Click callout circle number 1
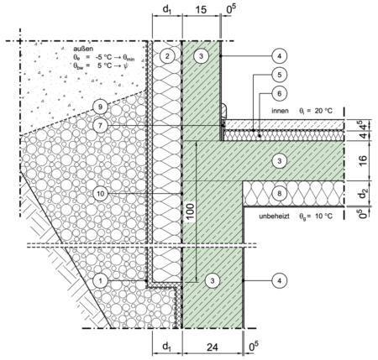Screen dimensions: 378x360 click(x=101, y=280)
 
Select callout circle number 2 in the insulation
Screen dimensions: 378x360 click(x=167, y=56)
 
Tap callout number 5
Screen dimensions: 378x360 click(x=279, y=75)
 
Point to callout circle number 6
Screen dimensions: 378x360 click(x=279, y=93)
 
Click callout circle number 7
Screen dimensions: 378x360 click(x=101, y=125)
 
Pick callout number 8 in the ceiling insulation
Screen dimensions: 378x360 click(x=279, y=193)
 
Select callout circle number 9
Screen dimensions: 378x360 click(x=101, y=107)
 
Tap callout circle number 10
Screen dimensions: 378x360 click(x=101, y=193)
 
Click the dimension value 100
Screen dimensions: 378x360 click(x=190, y=213)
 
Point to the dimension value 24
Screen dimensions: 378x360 click(x=213, y=347)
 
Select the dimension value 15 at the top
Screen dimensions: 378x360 click(x=201, y=10)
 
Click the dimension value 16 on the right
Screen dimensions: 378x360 click(x=363, y=160)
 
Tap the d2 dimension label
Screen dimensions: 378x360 click(x=364, y=193)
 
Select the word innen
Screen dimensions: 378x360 click(x=280, y=111)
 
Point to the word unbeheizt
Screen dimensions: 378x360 click(x=274, y=217)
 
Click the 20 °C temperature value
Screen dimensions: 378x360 click(x=323, y=111)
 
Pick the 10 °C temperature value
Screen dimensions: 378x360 click(x=323, y=217)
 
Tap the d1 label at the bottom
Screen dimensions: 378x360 click(x=167, y=347)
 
